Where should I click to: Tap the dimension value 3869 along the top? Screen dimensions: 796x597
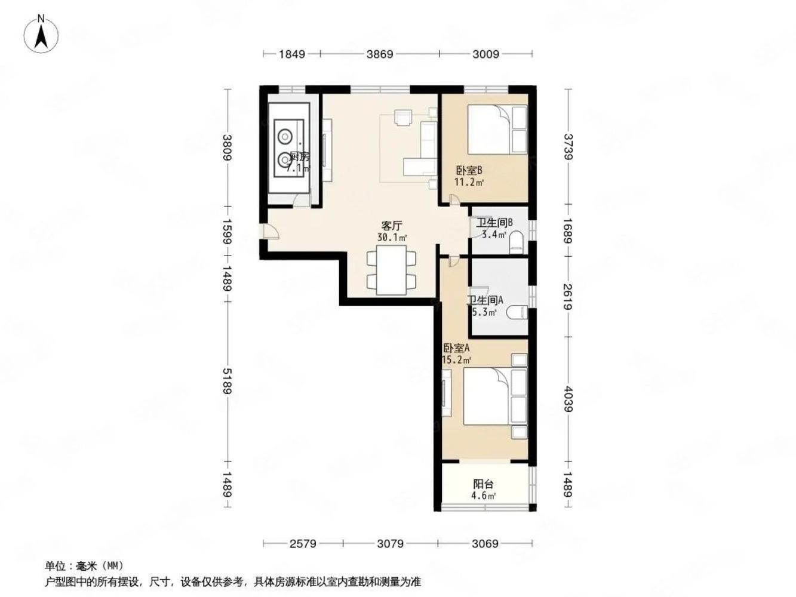click(x=380, y=54)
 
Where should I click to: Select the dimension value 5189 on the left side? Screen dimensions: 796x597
click(x=228, y=381)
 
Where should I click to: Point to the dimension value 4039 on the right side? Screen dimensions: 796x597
click(x=568, y=399)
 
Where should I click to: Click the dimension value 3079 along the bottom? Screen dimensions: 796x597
click(x=390, y=544)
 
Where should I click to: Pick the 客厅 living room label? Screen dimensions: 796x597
click(x=392, y=226)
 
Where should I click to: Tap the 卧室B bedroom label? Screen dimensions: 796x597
click(x=469, y=170)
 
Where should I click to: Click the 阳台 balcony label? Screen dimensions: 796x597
click(x=484, y=484)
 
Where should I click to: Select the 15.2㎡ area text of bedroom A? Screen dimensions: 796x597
click(x=457, y=360)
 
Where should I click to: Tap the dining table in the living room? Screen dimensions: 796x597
click(x=391, y=270)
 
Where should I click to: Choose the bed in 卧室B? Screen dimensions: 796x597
click(x=497, y=130)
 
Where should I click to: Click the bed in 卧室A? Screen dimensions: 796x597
click(x=495, y=396)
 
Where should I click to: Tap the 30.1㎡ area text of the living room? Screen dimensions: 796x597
click(x=392, y=238)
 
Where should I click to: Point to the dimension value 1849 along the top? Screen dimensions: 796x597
click(x=292, y=54)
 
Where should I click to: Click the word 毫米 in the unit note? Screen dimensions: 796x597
click(x=87, y=566)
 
